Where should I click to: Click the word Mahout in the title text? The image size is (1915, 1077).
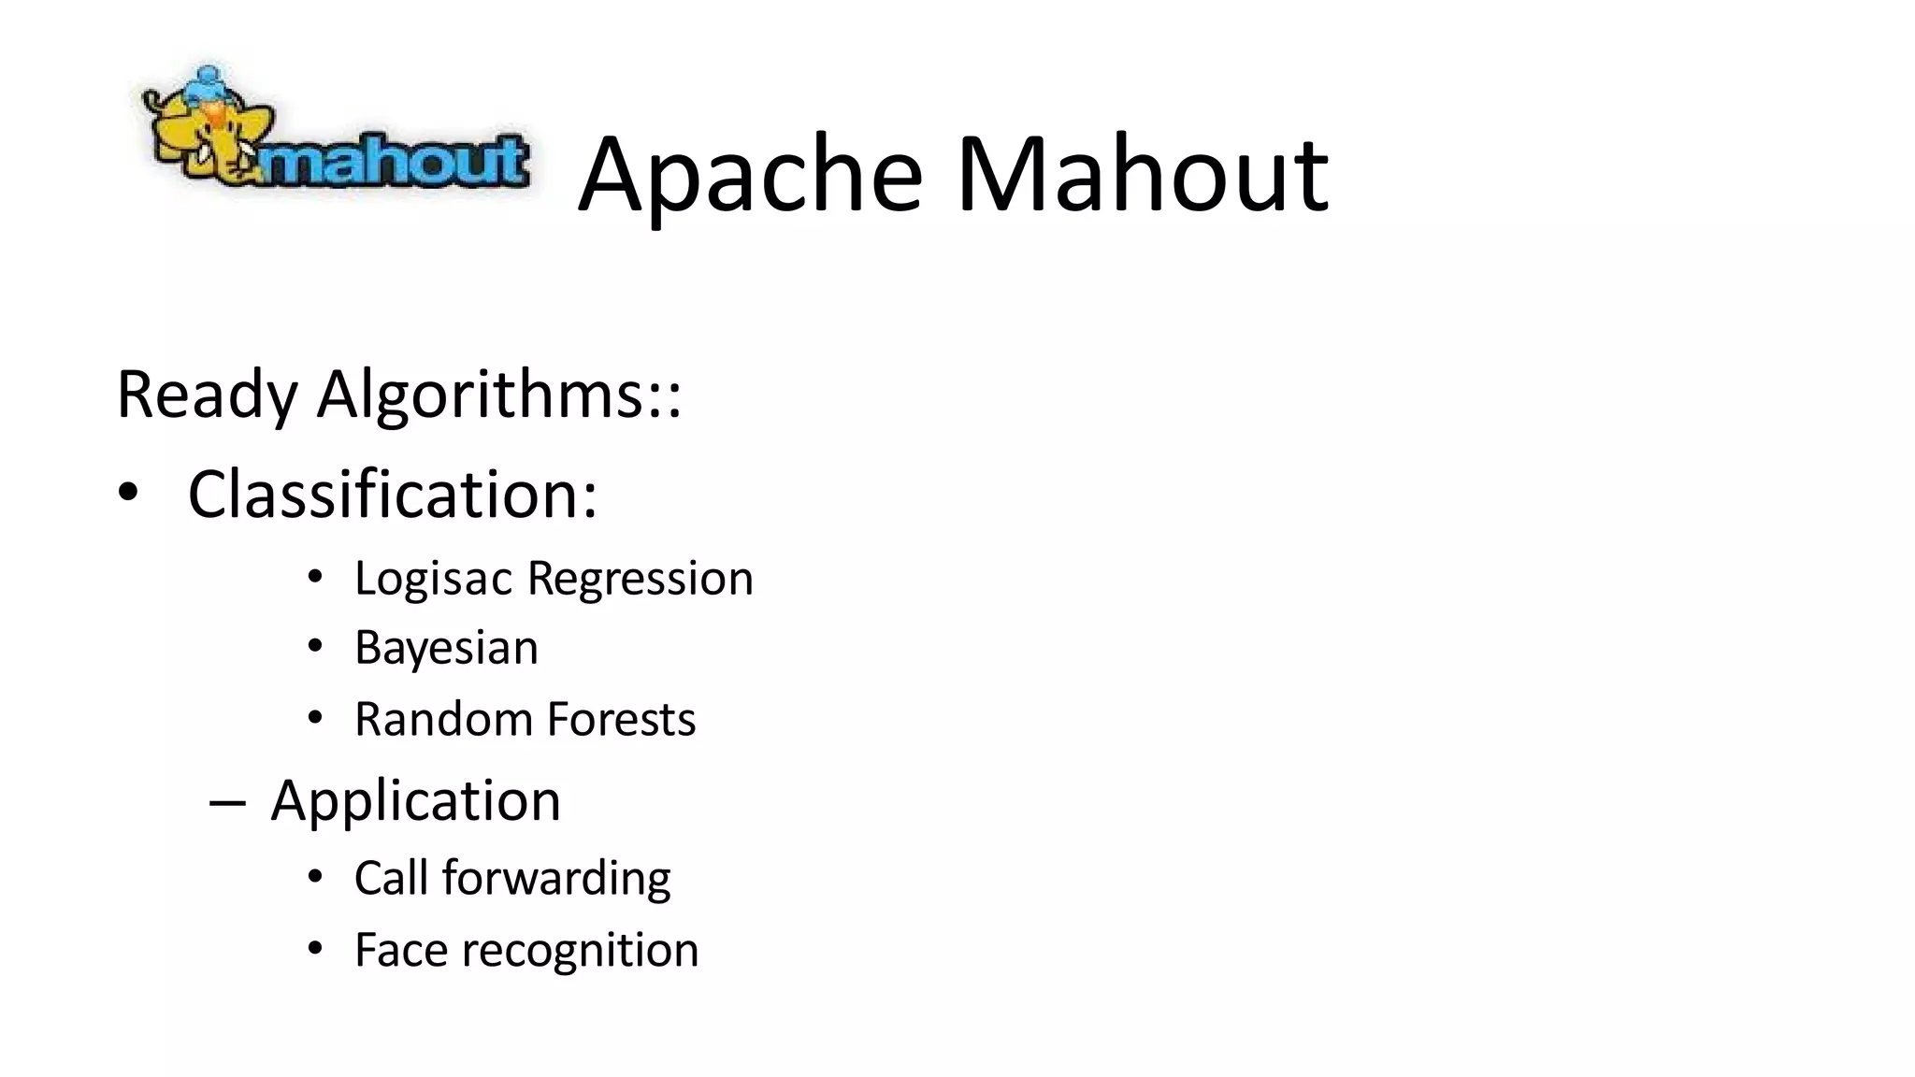1142,175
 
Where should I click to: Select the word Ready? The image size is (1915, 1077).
207,395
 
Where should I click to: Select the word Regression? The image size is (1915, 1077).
641,579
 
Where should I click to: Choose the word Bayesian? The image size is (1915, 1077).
446,648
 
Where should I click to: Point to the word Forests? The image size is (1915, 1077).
621,719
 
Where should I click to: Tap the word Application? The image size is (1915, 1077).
415,801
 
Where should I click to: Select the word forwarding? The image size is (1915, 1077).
556,879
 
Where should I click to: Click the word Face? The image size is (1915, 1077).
400,950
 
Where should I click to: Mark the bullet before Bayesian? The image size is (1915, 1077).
315,647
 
